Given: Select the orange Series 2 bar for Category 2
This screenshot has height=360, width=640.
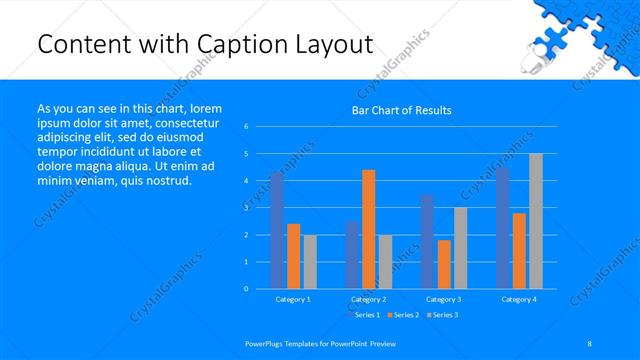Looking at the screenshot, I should (368, 229).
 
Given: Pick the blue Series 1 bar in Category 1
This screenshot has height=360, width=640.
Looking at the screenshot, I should (277, 230).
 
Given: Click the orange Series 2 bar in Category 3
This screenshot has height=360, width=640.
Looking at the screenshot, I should (443, 264).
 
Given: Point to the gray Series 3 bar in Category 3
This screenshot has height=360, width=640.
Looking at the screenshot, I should (460, 247).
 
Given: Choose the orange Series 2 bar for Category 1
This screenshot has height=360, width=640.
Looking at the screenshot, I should (293, 256).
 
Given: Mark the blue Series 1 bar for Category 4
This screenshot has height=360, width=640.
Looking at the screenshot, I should (502, 227).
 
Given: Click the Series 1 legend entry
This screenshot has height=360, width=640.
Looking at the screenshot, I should (365, 315).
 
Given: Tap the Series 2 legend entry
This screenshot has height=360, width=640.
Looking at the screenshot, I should (403, 315).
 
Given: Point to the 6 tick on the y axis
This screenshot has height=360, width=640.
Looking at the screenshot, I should (246, 127).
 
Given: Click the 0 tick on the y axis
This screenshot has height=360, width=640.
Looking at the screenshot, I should (246, 288).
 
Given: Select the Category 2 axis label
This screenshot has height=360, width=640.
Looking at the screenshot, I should (368, 299).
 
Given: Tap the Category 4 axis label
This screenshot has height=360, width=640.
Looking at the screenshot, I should (518, 299).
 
